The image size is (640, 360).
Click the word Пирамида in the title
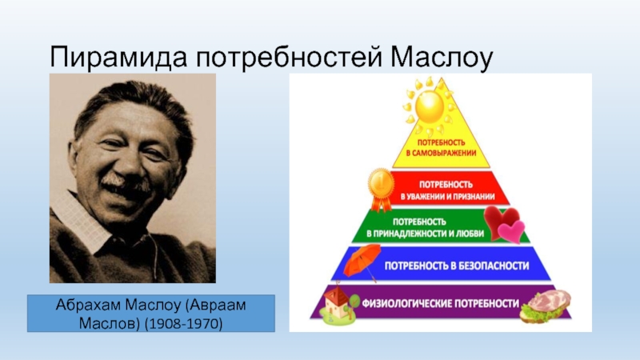[118, 57]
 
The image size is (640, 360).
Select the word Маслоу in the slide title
[442, 57]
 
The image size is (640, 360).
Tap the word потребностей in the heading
[289, 58]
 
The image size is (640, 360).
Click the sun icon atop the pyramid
[429, 106]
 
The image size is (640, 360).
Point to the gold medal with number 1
[381, 185]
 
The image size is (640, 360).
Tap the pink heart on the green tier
[512, 231]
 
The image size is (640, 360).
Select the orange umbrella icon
[362, 262]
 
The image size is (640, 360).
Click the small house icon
[339, 306]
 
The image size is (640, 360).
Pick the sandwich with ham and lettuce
[546, 306]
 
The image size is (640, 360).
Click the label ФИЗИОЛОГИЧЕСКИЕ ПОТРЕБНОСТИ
[441, 304]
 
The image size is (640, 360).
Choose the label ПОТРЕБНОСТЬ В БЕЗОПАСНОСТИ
[457, 266]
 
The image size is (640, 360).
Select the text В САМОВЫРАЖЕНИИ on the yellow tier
[441, 154]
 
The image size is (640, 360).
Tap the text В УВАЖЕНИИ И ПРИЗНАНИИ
[447, 197]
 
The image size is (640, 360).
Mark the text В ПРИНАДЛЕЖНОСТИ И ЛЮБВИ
[425, 234]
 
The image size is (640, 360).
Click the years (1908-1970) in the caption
[184, 324]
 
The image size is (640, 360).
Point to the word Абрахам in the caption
[88, 305]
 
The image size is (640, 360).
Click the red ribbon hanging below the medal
[382, 204]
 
